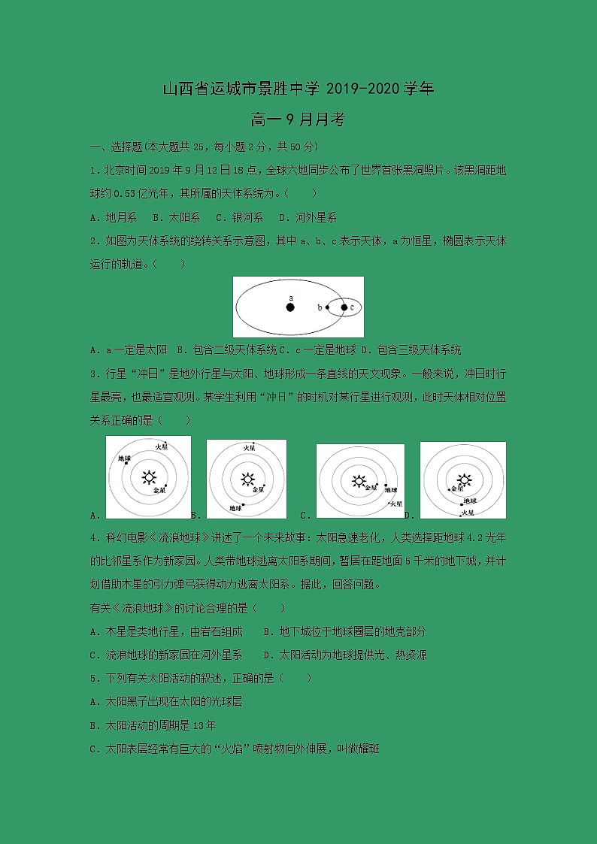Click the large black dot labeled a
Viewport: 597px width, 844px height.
[290, 307]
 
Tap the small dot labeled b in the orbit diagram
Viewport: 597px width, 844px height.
[327, 307]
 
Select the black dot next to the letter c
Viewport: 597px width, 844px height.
[344, 307]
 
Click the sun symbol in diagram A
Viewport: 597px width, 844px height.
[149, 476]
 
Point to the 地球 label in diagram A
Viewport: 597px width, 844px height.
[124, 458]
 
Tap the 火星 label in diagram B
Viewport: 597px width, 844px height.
[248, 448]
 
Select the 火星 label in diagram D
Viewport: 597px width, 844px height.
[468, 512]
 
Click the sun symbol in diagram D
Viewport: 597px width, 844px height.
[465, 479]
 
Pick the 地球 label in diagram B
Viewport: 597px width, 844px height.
[235, 508]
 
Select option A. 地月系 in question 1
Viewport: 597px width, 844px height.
[113, 217]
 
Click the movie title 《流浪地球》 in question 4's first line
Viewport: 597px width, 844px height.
[167, 537]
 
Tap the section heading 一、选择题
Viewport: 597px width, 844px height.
[115, 147]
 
